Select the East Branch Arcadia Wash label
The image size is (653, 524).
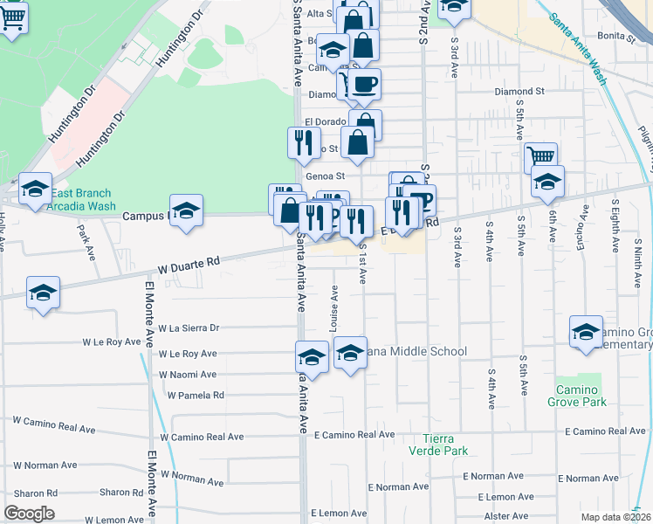[83, 200]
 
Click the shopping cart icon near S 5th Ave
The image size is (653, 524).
[541, 157]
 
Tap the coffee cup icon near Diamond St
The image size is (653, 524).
[365, 84]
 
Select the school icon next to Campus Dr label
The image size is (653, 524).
[186, 210]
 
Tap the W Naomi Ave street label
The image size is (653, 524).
[187, 374]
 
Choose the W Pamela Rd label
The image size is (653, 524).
[196, 395]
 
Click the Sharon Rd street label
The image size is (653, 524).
[115, 493]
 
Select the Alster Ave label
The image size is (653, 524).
[505, 515]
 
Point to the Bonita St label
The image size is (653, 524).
[616, 36]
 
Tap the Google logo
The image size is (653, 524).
[29, 514]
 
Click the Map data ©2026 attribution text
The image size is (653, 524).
[615, 517]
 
